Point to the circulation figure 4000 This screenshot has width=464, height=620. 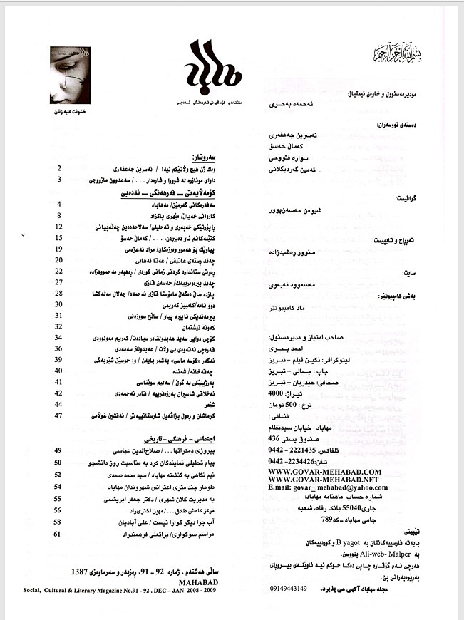click(294, 393)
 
